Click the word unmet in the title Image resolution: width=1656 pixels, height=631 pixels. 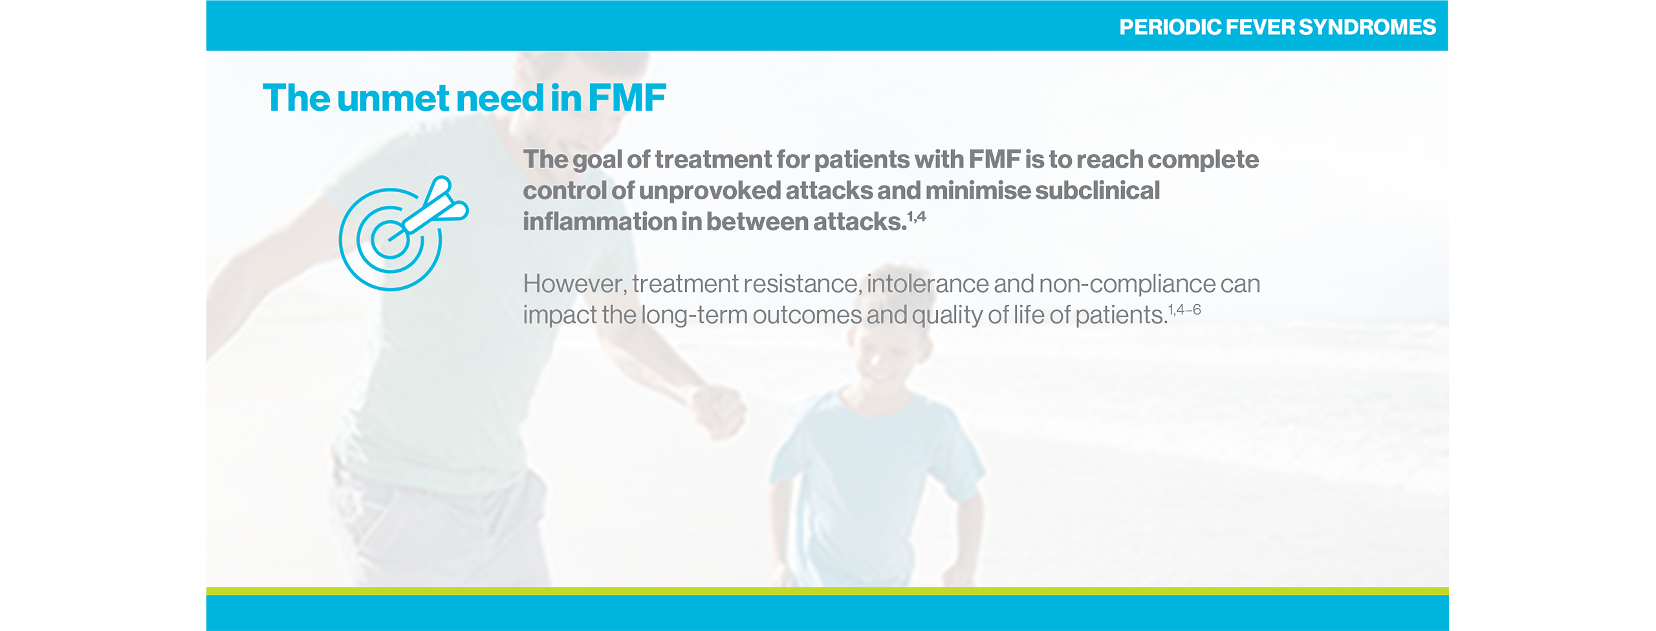393,98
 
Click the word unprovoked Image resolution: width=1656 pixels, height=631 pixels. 710,191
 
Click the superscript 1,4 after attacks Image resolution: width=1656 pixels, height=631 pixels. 917,217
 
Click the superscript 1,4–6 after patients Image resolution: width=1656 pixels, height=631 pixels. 1184,310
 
